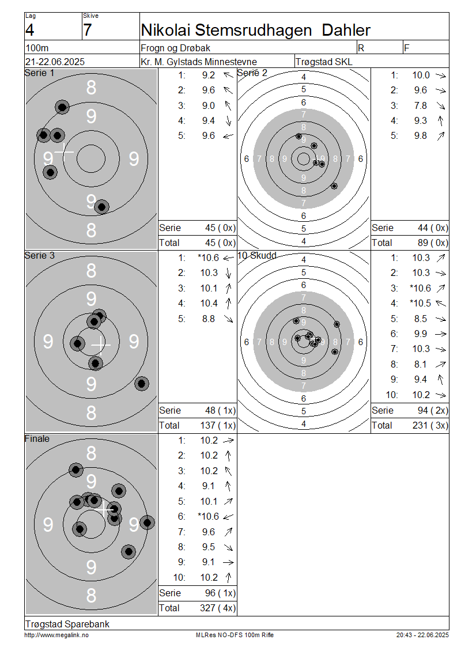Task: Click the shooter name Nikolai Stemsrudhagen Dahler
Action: click(x=255, y=31)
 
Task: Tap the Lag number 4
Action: click(x=29, y=31)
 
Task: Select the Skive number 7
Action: click(x=87, y=31)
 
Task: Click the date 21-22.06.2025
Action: click(x=55, y=62)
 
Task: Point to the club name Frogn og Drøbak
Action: click(x=176, y=48)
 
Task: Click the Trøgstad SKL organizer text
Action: click(x=324, y=62)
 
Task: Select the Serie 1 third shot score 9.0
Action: click(x=209, y=105)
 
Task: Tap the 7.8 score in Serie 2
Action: click(x=420, y=105)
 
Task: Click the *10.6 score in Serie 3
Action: click(x=208, y=258)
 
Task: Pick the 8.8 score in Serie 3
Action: click(x=209, y=319)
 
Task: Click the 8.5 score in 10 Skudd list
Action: click(x=420, y=319)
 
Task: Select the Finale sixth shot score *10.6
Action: click(x=208, y=517)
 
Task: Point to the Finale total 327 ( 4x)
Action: click(x=218, y=608)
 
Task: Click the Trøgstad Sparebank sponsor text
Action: click(x=67, y=624)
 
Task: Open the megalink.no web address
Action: click(x=56, y=635)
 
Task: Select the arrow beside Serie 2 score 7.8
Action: click(x=441, y=105)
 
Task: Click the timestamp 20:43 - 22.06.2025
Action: click(x=422, y=635)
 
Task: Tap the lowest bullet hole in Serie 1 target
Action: click(x=102, y=206)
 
